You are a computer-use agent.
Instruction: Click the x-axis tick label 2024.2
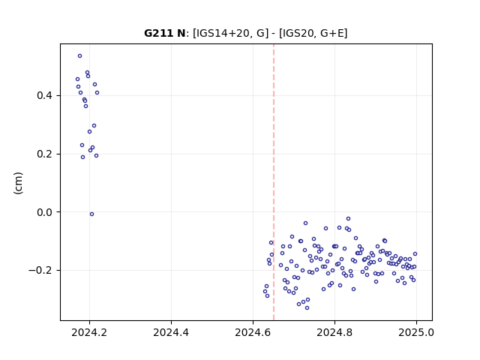coord(89,332)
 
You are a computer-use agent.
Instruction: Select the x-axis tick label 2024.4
coord(171,332)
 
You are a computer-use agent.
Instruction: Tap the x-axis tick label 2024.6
coord(253,332)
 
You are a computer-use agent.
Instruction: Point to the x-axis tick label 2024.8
coord(334,332)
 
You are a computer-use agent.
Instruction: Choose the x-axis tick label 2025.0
coord(416,332)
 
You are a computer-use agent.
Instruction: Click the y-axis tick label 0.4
coord(44,96)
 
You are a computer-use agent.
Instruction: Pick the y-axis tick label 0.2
coord(44,154)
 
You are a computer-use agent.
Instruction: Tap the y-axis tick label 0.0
coord(44,212)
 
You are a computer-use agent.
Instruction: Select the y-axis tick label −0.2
coord(40,270)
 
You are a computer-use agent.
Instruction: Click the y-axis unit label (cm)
coord(18,183)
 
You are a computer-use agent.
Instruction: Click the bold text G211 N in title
coord(165,33)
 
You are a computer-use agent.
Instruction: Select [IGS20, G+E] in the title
coord(313,33)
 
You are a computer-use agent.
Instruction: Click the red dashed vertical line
coord(274,182)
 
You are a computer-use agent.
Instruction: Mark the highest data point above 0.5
coord(80,56)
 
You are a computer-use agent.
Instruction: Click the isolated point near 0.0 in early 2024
coord(91,214)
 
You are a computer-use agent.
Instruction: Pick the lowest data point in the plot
coord(307,308)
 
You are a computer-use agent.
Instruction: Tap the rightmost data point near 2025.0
coord(415,254)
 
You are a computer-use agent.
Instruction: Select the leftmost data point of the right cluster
coord(265,292)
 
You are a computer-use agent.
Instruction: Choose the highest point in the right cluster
coord(348,219)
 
